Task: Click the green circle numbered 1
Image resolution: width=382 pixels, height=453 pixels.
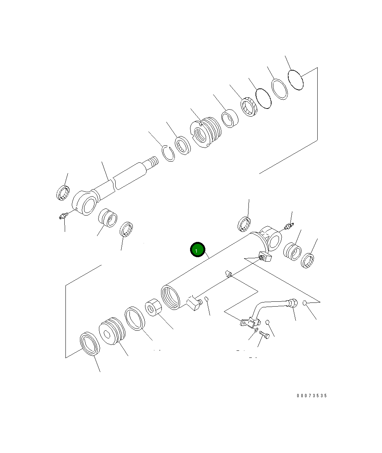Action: (198, 249)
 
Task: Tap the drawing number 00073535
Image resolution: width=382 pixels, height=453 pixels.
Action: (312, 396)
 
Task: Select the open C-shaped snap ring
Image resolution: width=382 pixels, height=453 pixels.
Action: (168, 153)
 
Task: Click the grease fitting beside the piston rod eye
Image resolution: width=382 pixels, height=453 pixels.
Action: (63, 216)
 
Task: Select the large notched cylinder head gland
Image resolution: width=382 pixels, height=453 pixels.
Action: (205, 132)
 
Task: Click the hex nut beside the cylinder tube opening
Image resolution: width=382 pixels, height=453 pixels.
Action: (153, 307)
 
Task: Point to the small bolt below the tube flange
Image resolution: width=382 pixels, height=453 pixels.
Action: (264, 335)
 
